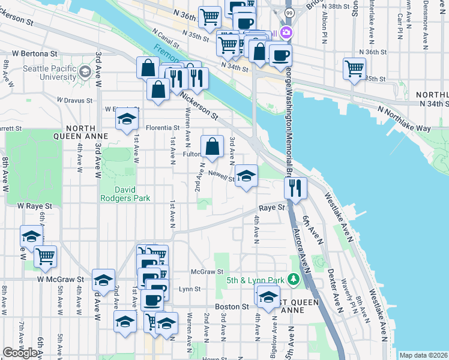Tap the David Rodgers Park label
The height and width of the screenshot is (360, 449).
pyautogui.click(x=124, y=193)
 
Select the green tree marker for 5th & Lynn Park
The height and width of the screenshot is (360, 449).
pyautogui.click(x=293, y=279)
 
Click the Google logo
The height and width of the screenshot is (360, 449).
pyautogui.click(x=20, y=353)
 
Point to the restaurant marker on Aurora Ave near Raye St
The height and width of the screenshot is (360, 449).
pyautogui.click(x=295, y=188)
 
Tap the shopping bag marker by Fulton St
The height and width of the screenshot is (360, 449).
pyautogui.click(x=212, y=146)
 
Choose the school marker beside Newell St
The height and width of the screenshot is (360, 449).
pyautogui.click(x=246, y=176)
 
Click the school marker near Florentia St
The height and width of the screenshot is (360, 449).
pyautogui.click(x=127, y=119)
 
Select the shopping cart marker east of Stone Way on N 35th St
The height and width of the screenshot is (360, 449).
pyautogui.click(x=354, y=68)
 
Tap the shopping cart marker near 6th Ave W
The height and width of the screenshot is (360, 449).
pyautogui.click(x=45, y=257)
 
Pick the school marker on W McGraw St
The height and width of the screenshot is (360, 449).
pyautogui.click(x=103, y=280)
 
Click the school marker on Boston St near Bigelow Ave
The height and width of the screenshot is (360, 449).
pyautogui.click(x=268, y=296)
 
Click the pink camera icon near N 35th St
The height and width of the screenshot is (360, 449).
pyautogui.click(x=287, y=32)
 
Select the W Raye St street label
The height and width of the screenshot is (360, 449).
pyautogui.click(x=35, y=205)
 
